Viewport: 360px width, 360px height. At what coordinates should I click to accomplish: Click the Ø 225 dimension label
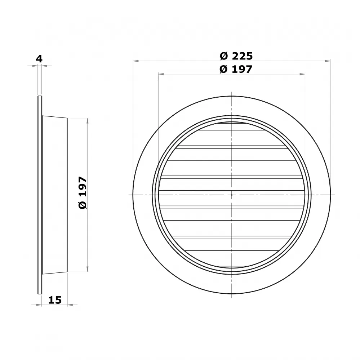coord(236,56)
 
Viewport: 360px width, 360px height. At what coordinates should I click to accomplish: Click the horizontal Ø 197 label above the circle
coord(236,69)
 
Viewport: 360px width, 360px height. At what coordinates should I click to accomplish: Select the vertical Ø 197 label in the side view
coord(83,193)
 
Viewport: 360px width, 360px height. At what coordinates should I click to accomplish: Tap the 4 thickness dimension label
coord(39,59)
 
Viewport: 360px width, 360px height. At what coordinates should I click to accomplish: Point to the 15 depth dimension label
coord(55,300)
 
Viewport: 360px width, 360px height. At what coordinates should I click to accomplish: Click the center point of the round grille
coord(232,195)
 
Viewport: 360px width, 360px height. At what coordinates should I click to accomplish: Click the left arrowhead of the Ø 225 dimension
coord(136,61)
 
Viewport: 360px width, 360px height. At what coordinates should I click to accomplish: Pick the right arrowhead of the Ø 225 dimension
coord(328,61)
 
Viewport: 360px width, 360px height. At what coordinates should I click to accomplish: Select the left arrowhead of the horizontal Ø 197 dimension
coord(161,74)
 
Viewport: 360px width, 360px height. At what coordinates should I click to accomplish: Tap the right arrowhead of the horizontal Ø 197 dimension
coord(302,74)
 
